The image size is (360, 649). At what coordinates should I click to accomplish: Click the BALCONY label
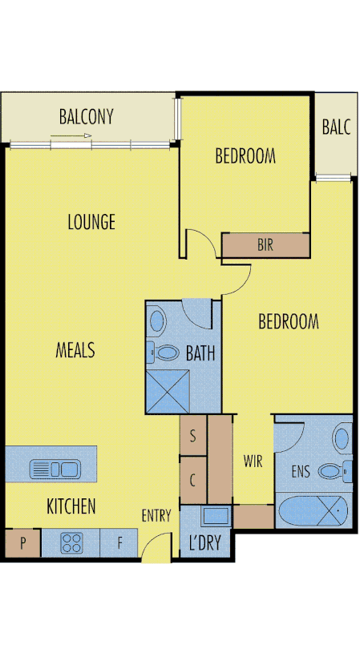click(x=86, y=117)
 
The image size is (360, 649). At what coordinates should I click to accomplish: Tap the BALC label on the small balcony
click(x=334, y=127)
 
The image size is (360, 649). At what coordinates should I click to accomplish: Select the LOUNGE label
click(x=91, y=222)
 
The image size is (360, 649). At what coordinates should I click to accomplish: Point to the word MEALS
click(x=75, y=350)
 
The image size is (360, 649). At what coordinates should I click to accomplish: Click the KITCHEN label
click(x=71, y=506)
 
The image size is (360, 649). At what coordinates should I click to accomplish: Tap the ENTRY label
click(x=156, y=515)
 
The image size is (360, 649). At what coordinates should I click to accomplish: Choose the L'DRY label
click(x=204, y=542)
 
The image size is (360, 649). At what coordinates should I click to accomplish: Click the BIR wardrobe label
click(x=265, y=245)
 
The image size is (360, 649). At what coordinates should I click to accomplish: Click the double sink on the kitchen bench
click(x=54, y=469)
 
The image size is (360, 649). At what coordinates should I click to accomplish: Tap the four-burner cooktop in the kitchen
click(x=71, y=543)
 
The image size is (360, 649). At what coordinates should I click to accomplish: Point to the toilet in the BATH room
click(x=165, y=351)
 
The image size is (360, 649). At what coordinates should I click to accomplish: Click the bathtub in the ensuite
click(x=313, y=508)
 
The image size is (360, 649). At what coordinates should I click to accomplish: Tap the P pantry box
click(x=23, y=543)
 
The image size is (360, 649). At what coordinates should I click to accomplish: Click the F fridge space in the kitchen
click(x=120, y=543)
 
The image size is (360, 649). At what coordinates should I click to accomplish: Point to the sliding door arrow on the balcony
click(x=71, y=137)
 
